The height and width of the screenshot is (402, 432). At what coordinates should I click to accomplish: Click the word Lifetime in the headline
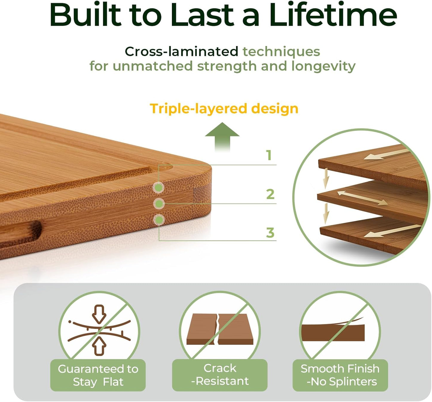333,15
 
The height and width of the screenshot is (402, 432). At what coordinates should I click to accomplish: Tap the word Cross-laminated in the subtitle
181,51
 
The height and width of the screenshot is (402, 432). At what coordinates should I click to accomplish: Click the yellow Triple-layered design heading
224,108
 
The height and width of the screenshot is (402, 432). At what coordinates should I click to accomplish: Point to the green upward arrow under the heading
222,136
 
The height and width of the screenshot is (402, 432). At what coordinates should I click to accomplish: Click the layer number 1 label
269,155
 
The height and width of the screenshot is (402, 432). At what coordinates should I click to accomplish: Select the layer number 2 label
270,194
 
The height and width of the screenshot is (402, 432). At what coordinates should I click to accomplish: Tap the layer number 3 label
270,233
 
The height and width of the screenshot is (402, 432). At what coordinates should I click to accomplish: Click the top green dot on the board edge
158,188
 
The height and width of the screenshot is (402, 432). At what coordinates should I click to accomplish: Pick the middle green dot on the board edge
159,204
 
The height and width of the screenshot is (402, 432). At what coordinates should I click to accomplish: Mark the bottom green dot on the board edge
159,220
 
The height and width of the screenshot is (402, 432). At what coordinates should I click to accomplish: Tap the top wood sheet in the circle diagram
371,163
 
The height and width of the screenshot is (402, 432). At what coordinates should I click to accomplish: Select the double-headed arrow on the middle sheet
362,198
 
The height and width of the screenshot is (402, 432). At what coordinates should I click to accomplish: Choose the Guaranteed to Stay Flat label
98,375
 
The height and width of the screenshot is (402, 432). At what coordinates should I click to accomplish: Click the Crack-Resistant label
220,375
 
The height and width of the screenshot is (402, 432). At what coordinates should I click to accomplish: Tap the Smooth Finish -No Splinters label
340,375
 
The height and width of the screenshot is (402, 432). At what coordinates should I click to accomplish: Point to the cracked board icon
220,329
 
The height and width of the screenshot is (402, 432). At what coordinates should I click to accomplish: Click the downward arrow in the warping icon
99,313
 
